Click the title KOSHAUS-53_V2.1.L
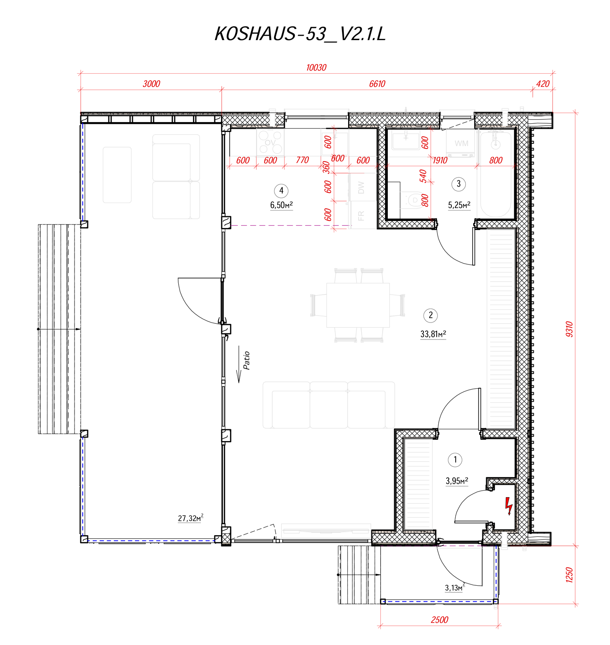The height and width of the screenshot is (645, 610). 300,34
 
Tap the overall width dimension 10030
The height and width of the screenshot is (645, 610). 316,68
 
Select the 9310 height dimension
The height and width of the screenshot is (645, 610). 569,329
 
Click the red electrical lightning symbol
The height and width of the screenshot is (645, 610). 508,506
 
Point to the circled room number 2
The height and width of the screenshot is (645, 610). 430,315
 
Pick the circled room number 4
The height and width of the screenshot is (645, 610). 281,190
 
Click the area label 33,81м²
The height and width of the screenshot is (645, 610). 433,334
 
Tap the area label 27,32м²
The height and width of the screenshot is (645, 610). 190,518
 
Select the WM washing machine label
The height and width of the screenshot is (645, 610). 461,143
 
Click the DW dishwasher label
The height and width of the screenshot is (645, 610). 361,188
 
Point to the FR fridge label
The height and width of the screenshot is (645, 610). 361,216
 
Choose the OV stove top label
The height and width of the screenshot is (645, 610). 270,143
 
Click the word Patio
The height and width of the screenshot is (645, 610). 247,360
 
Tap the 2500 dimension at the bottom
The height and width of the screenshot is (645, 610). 439,620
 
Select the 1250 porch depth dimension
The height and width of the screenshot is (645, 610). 569,574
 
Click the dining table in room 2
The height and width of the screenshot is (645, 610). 358,305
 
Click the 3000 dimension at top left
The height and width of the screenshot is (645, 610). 151,84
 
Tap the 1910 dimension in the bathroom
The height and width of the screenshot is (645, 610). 440,160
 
